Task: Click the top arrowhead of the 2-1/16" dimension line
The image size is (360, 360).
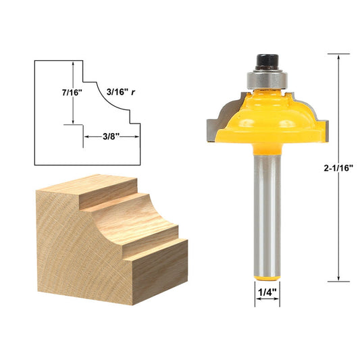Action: tap(338, 57)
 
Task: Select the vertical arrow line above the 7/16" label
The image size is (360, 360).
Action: tap(73, 71)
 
